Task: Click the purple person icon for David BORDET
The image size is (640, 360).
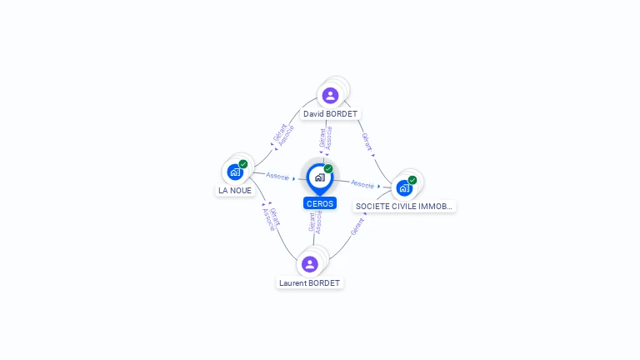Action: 330,95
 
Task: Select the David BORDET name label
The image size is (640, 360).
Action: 331,113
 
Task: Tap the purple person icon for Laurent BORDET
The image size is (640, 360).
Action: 310,264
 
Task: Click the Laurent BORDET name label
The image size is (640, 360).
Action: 310,282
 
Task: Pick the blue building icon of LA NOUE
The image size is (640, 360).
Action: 235,172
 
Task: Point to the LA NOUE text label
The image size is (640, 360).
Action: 235,190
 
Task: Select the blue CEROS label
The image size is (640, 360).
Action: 320,203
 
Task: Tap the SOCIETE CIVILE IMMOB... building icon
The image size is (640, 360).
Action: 404,188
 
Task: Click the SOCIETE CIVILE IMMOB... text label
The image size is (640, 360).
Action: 405,206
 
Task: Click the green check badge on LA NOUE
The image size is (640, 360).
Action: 243,164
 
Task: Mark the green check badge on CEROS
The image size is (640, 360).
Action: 328,169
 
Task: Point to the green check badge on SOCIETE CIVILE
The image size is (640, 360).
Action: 412,180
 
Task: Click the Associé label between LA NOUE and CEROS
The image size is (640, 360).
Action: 277,177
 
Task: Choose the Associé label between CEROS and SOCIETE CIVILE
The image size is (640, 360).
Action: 362,183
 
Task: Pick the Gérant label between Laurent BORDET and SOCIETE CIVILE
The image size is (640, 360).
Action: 357,226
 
